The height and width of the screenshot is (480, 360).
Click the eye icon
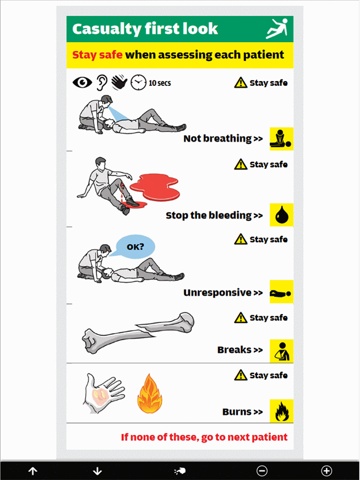click(82, 82)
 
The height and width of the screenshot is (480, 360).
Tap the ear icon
click(102, 82)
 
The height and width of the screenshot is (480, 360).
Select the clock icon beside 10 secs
click(139, 82)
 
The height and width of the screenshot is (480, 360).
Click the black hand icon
click(119, 82)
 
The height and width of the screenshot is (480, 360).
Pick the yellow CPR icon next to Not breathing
click(281, 139)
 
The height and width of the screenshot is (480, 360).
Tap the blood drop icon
click(281, 215)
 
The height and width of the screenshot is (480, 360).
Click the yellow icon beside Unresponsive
click(281, 292)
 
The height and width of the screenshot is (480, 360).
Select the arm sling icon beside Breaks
click(281, 351)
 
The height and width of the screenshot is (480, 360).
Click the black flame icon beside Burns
click(281, 411)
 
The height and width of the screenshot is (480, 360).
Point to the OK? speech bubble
click(134, 247)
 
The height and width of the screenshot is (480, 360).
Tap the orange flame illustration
click(150, 394)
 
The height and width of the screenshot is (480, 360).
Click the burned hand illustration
click(102, 393)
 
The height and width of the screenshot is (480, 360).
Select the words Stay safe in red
click(97, 55)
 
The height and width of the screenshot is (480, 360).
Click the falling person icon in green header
click(277, 28)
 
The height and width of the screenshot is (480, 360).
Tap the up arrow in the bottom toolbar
click(33, 471)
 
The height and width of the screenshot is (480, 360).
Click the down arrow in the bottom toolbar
click(97, 471)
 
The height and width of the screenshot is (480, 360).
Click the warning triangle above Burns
click(241, 375)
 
